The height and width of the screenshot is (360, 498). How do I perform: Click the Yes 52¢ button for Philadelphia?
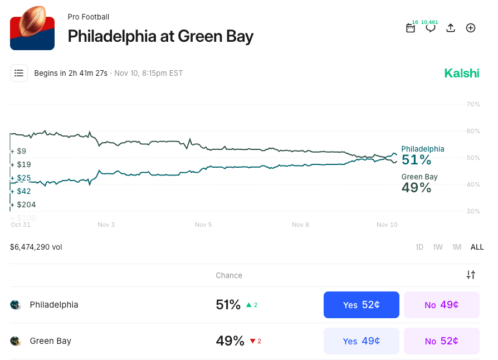(361, 305)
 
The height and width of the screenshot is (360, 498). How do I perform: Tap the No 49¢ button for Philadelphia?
(441, 305)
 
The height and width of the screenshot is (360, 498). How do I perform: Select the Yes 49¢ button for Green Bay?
(361, 341)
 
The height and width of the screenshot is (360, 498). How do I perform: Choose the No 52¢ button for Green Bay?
(441, 341)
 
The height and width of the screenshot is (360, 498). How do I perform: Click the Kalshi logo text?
(461, 73)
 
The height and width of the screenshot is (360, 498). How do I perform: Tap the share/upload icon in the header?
(451, 28)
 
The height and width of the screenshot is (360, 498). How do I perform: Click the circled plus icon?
(471, 28)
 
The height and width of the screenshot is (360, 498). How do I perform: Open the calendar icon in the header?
(411, 28)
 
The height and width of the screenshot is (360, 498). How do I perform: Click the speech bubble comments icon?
(431, 28)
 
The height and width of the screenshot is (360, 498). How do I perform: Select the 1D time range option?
(419, 247)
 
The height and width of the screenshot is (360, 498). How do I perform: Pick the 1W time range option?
(438, 247)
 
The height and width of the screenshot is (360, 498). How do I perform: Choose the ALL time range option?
(477, 247)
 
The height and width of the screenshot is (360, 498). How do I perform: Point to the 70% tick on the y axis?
(473, 104)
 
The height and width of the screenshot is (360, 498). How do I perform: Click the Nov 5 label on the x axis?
(203, 225)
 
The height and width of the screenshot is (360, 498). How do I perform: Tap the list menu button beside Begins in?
(19, 73)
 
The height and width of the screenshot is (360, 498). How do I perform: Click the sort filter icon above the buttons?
(471, 275)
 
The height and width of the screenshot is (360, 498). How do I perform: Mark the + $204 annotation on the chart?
(24, 205)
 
